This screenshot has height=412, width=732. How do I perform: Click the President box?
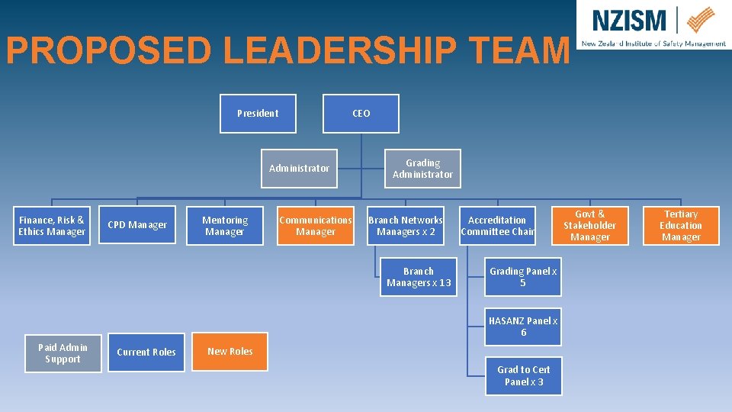coord(258,114)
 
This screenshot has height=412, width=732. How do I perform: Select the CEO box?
coord(361,114)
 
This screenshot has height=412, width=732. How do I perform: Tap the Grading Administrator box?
coord(422,169)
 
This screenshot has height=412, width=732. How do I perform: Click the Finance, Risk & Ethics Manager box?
coord(52,226)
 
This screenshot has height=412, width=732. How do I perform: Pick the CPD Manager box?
coord(137,225)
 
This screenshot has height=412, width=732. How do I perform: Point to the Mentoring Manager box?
coord(225,226)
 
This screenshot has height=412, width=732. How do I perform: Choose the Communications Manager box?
coord(316,226)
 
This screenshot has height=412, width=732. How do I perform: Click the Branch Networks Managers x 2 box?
coord(406,226)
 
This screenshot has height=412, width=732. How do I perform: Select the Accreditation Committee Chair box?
coord(497,226)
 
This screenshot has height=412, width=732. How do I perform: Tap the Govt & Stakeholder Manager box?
coord(590,226)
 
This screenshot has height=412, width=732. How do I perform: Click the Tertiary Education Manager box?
coord(681,226)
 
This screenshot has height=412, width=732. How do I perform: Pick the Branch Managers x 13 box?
coord(419,277)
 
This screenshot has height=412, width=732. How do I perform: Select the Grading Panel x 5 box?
coord(523,277)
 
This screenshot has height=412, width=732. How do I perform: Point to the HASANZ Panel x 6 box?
coord(523,327)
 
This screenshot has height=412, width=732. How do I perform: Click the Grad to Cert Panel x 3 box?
coord(523,375)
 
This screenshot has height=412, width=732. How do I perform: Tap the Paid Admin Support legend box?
coord(63,353)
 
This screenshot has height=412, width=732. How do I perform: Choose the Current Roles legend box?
coord(146,352)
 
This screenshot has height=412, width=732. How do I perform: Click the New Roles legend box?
coord(230,352)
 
